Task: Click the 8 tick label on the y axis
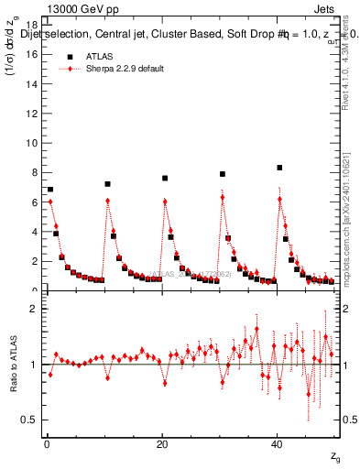coord(35,172)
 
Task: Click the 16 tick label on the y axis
coord(32,54)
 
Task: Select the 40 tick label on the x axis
coord(277,446)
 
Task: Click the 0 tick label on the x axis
coord(47,446)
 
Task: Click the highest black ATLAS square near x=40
coord(279,168)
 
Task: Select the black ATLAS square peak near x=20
coord(165,178)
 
